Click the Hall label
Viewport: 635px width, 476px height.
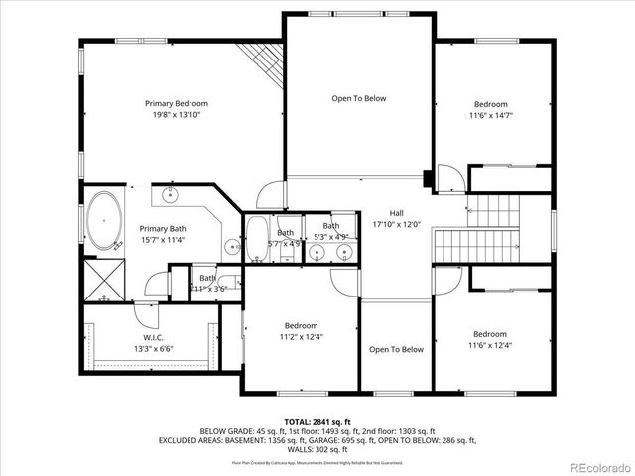pos(396,213)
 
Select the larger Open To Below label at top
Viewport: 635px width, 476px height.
pos(358,98)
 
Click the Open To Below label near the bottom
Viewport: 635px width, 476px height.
pos(396,349)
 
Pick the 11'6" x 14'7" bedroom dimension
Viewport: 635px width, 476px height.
pos(490,115)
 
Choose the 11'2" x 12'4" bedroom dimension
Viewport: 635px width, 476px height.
pos(301,337)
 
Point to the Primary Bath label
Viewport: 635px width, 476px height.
pos(163,228)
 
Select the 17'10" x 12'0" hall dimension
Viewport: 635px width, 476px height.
pos(396,224)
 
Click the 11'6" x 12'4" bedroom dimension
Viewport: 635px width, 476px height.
pos(490,345)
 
